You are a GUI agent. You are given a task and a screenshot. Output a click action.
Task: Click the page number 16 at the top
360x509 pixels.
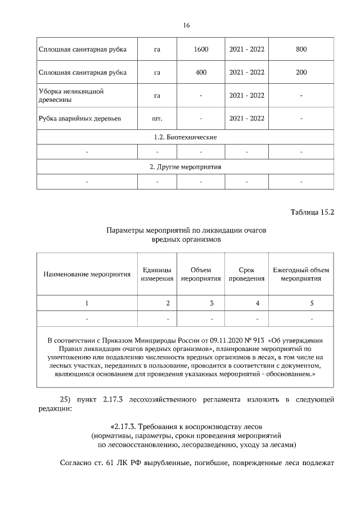coord(187,25)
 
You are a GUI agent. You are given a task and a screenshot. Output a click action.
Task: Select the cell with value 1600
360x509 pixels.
coord(201,49)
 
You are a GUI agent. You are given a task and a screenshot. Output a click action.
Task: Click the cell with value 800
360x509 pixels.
coord(301,49)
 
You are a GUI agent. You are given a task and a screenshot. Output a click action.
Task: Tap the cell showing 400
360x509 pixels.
coord(201,73)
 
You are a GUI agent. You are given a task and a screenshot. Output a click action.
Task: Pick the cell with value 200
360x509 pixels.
coord(301,73)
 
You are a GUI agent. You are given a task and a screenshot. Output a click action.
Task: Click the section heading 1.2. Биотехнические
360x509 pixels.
coord(185,137)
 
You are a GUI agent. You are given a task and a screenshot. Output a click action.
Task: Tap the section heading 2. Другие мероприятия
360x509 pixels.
coord(185,167)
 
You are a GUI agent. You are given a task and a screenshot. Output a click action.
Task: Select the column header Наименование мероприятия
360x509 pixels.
coord(87,274)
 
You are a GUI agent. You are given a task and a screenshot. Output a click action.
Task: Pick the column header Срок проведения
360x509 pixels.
coord(246,274)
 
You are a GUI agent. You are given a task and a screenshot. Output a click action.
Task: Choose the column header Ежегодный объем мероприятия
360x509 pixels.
coord(301,274)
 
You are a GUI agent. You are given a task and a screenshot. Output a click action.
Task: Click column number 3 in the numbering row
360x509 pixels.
coord(211,303)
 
